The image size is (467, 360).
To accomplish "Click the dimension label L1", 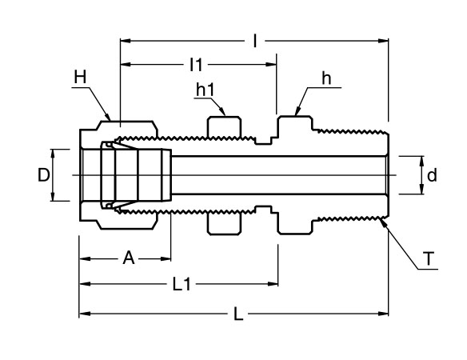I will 182,284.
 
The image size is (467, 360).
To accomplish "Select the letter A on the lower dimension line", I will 126,258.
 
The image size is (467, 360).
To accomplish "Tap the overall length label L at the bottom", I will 237,314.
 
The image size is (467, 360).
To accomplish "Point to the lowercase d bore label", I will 432,174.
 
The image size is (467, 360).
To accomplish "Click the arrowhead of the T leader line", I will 385,223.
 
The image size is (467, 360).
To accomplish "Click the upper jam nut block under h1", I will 224,128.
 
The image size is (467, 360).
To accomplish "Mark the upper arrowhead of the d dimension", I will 421,158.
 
